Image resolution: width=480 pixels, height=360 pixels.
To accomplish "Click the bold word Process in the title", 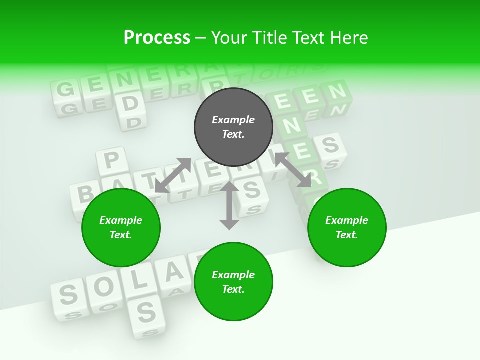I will click(157, 38).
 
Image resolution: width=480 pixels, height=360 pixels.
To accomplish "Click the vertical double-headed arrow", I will click(229, 206).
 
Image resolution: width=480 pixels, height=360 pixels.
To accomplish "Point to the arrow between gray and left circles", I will click(173, 175).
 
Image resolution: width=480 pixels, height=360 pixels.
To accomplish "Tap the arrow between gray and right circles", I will click(293, 170).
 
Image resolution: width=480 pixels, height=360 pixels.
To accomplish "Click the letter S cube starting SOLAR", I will click(69, 295).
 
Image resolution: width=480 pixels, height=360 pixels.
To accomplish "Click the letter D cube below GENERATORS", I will click(130, 103).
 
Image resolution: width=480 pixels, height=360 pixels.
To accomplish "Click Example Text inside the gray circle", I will click(233, 127).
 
